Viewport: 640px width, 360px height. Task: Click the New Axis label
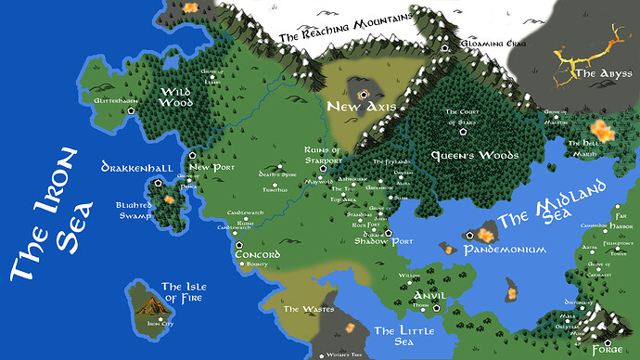coord(362,108)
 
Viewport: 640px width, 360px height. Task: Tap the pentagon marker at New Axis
coord(365,93)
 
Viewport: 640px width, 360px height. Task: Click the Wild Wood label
coord(175,96)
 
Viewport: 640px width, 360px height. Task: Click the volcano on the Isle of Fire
coord(151,299)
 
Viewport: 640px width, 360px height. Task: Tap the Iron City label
coord(160,324)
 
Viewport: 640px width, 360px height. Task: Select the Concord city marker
coord(238,243)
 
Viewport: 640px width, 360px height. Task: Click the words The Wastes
coord(305,309)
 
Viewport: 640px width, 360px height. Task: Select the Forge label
coord(608,350)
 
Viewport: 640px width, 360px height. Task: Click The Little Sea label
coord(400,335)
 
